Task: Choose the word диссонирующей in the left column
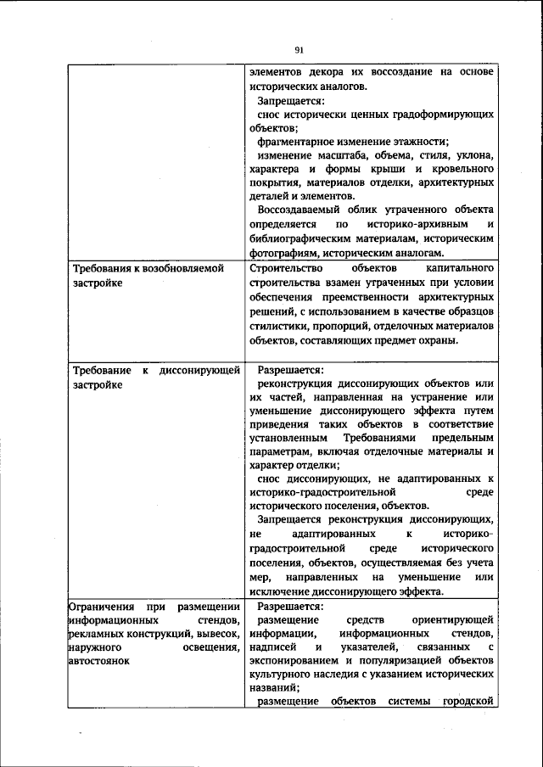[x=200, y=371]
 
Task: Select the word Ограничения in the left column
[x=100, y=607]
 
